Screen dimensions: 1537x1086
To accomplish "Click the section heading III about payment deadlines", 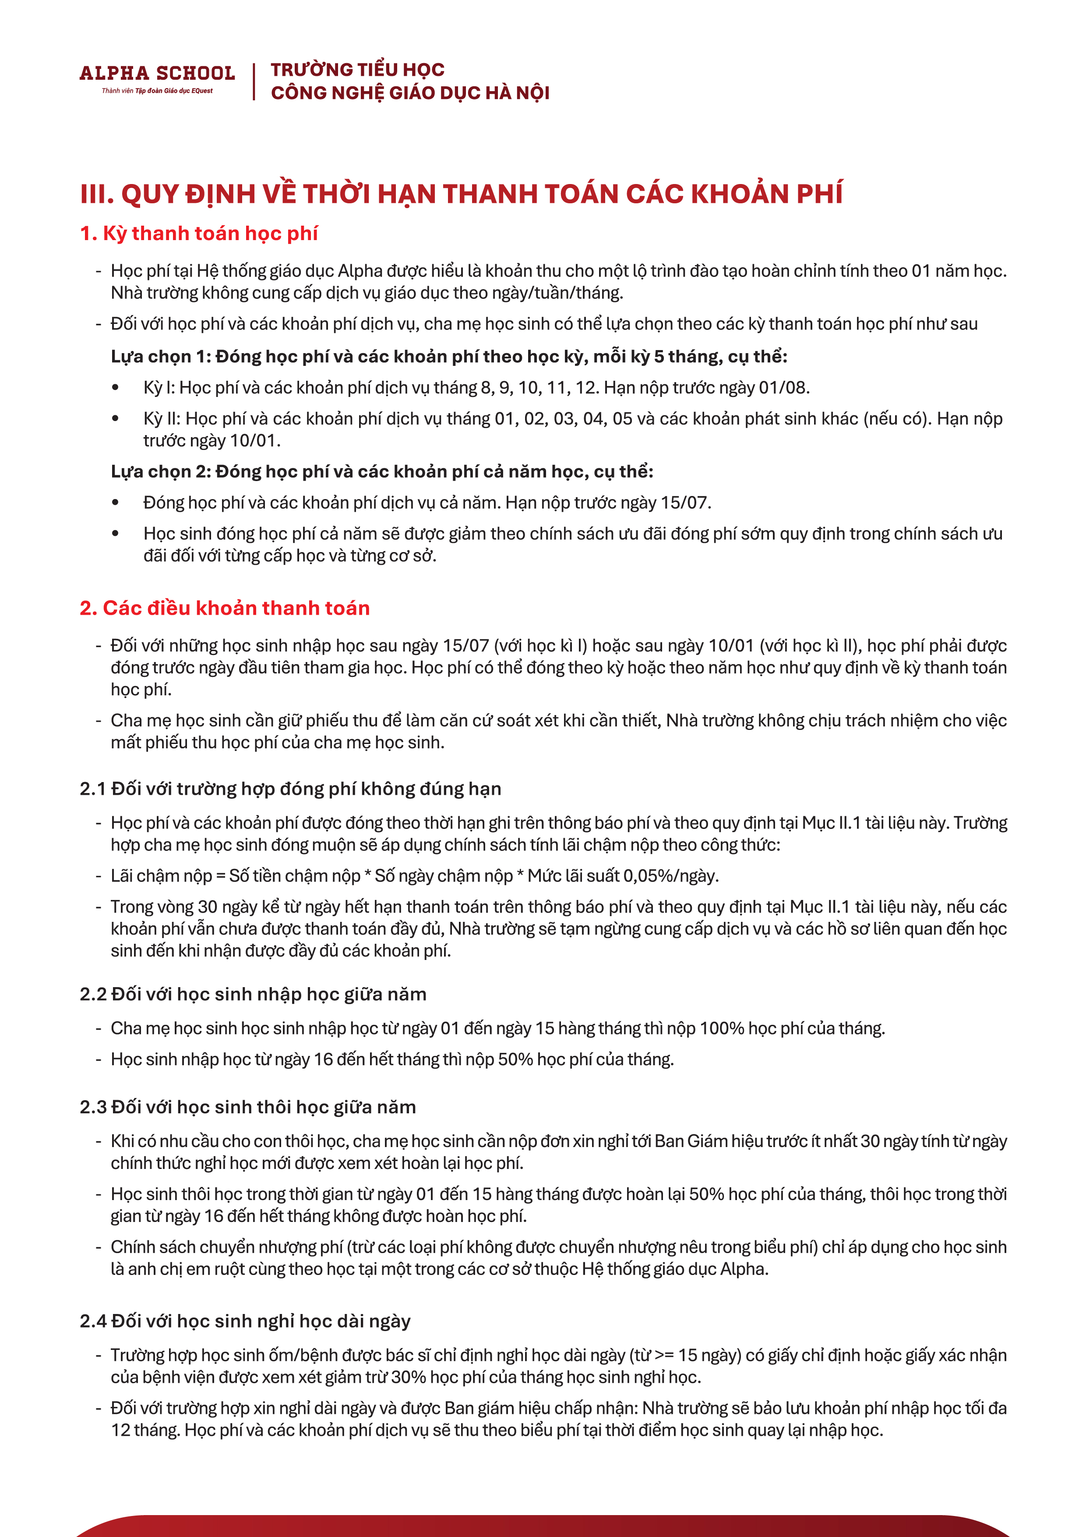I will [x=461, y=194].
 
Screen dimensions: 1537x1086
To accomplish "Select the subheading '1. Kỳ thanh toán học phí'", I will [x=199, y=233].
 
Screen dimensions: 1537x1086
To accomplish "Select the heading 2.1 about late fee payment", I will [x=290, y=789].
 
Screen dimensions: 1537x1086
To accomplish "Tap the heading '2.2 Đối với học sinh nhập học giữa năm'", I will [x=253, y=994].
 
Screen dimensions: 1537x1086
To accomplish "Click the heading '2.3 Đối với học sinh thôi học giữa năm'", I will [x=247, y=1107].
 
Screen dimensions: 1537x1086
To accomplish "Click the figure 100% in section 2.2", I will [x=721, y=1028].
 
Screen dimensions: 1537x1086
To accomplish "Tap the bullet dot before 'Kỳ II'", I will [x=116, y=418].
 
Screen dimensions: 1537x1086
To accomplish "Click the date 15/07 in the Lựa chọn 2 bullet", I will [x=685, y=503].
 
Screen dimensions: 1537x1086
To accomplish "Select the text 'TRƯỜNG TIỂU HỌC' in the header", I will [x=357, y=70].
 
